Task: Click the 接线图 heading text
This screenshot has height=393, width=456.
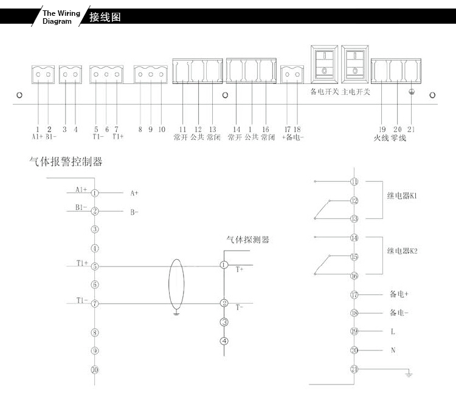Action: pos(105,17)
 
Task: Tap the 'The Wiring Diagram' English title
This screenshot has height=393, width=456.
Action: pos(61,17)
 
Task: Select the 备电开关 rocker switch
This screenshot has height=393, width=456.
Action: pos(324,64)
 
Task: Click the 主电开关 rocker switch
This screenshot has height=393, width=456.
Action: pos(355,64)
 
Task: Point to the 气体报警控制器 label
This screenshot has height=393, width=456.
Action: pos(66,161)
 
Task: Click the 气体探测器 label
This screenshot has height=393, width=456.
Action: pos(248,240)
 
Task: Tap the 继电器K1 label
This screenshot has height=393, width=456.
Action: pos(402,196)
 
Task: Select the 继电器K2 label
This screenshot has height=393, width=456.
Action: pos(402,251)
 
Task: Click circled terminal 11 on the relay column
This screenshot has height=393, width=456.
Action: pos(354,182)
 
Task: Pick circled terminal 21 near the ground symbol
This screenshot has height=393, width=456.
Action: pos(354,369)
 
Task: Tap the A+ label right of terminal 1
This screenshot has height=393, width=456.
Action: pos(134,193)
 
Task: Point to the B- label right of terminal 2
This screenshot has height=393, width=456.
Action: pos(134,212)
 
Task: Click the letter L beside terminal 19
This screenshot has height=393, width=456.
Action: pos(393,332)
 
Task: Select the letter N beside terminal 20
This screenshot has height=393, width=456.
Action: pos(393,350)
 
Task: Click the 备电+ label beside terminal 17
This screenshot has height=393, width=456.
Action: pos(399,294)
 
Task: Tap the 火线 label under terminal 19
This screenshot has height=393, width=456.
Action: pos(381,138)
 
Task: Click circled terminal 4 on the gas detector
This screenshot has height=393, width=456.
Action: pos(224,341)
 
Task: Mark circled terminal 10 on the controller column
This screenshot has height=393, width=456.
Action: pos(95,370)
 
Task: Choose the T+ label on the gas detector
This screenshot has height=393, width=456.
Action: pos(240,270)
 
